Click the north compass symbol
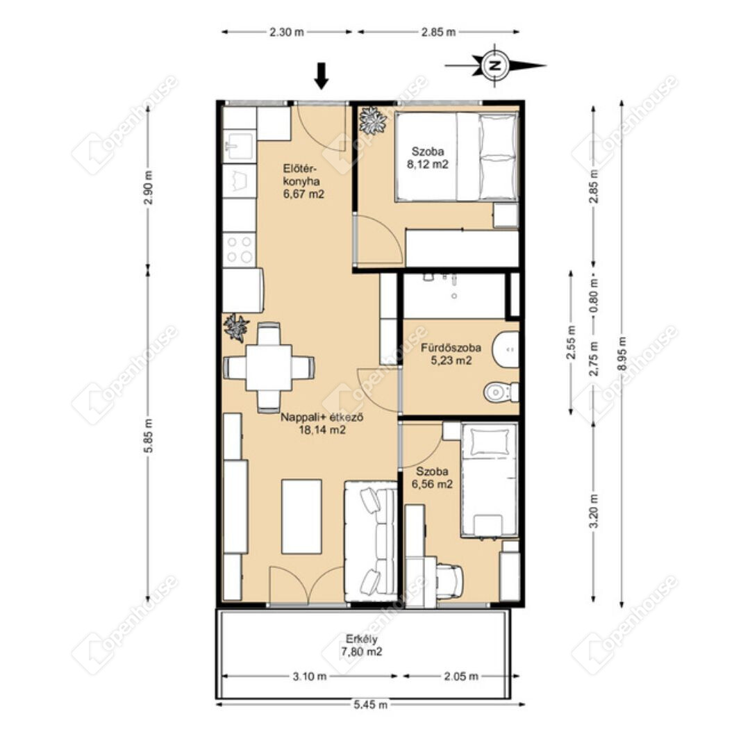pos(496,65)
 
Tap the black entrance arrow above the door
pos(322,76)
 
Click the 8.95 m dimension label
pos(622,353)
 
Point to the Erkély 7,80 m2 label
pos(362,645)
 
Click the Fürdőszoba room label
pos(451,348)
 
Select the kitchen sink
pos(238,146)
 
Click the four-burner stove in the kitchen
pos(239,248)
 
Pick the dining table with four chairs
pos(269,367)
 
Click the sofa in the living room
pos(371,541)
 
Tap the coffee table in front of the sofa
pos(301,517)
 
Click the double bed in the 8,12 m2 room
pos(456,156)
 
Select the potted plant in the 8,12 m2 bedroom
pos(373,120)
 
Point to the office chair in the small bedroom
pos(449,578)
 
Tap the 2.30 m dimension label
pos(287,33)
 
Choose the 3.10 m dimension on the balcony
pos(310,676)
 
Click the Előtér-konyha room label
pos(303,181)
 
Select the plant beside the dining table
pos(236,328)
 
